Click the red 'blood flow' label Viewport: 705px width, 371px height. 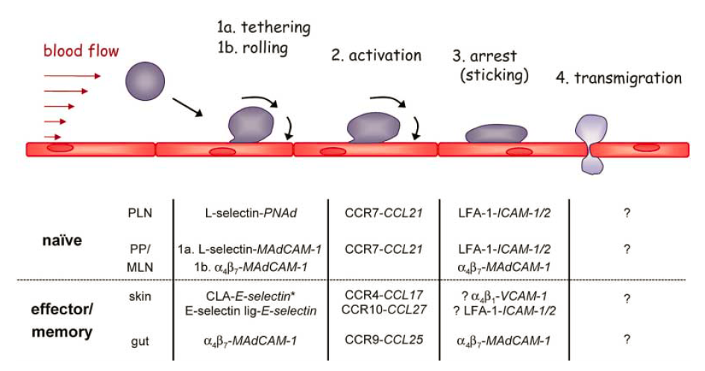point(81,52)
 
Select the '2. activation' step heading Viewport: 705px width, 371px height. point(376,55)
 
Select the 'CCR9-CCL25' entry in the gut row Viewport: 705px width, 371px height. point(384,340)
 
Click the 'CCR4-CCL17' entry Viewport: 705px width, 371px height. point(384,296)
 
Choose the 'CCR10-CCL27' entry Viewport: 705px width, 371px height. point(384,309)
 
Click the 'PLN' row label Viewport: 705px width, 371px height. point(140,213)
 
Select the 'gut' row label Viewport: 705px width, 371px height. point(140,340)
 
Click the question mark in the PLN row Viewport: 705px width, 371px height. point(627,213)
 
